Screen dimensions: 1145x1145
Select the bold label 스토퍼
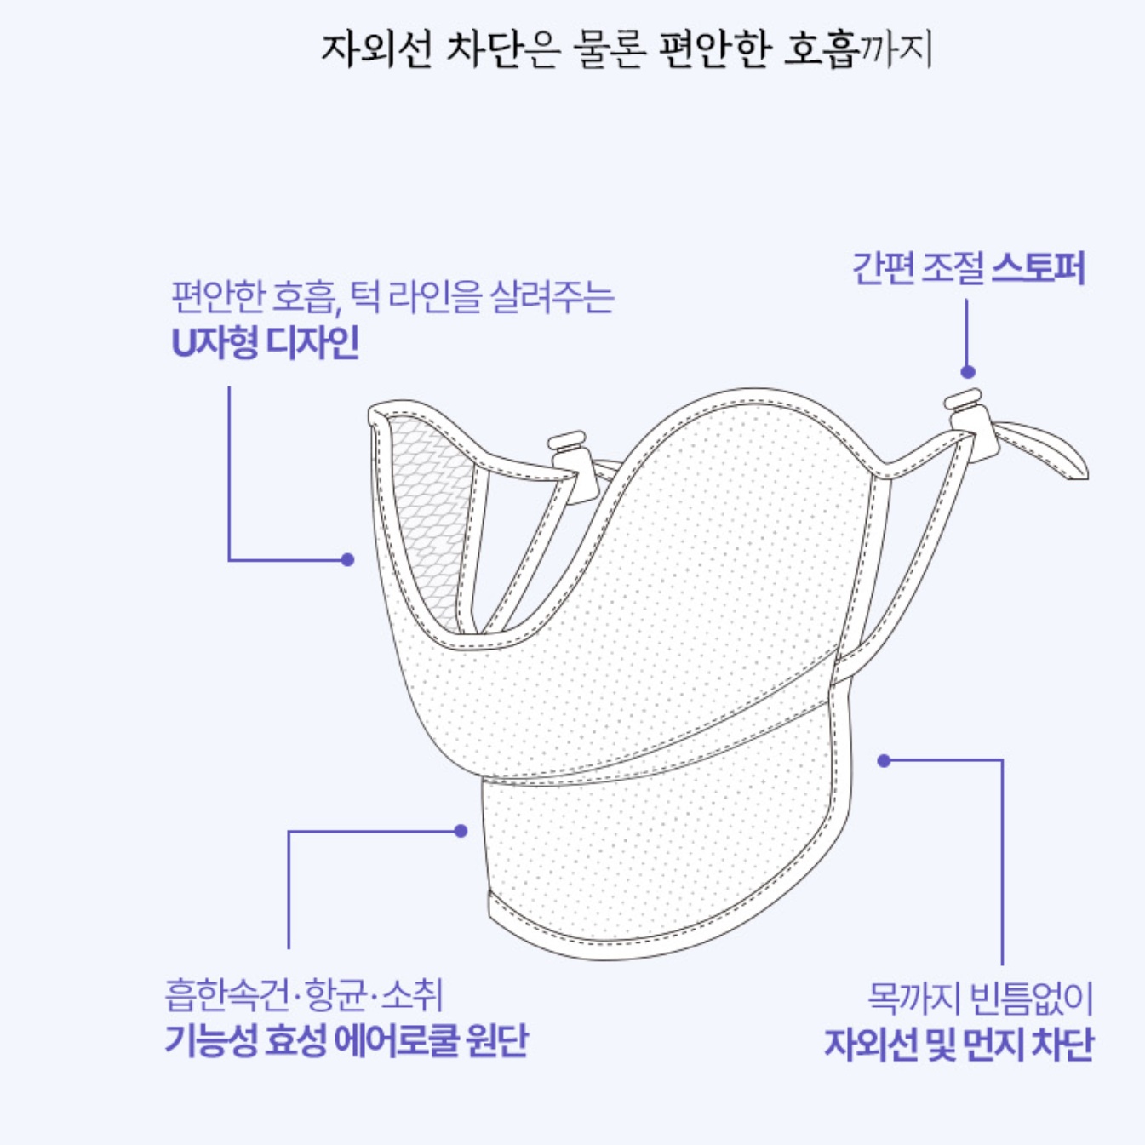click(x=1038, y=268)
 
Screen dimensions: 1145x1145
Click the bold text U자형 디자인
click(x=265, y=343)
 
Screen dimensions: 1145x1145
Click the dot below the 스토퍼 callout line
click(x=968, y=372)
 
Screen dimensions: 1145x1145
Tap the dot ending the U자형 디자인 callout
click(x=347, y=559)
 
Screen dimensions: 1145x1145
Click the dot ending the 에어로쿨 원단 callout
click(x=461, y=831)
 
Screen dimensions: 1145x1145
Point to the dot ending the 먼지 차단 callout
click(x=885, y=760)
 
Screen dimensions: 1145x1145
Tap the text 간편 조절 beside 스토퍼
click(x=917, y=268)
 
